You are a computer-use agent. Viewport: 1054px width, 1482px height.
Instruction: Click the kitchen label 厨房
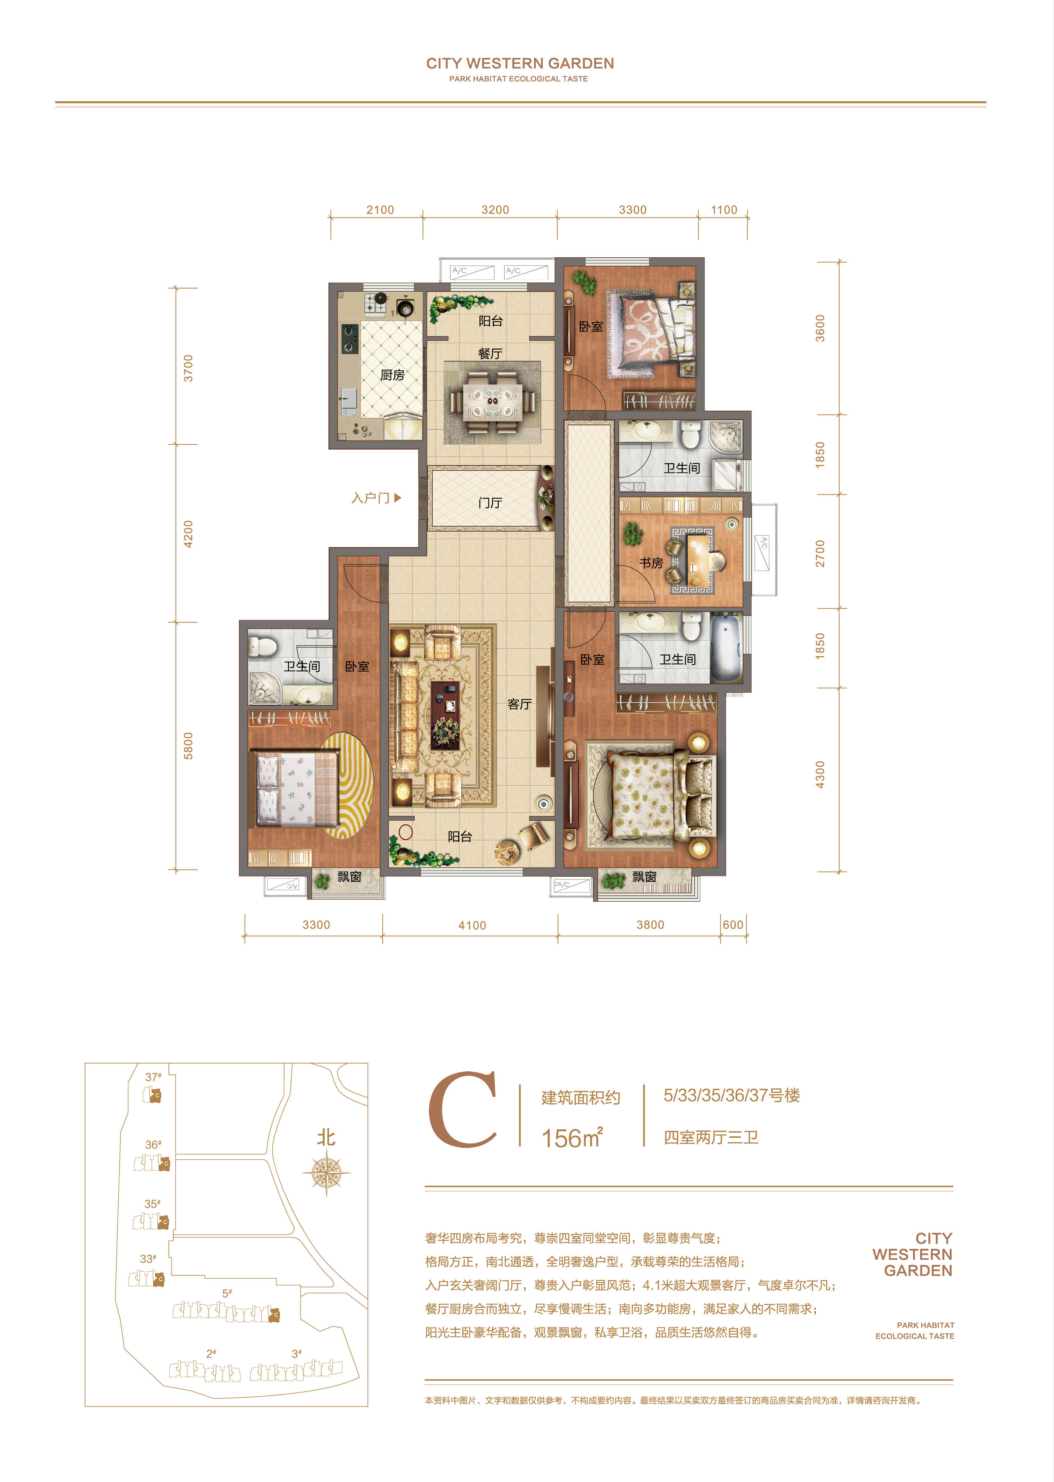pos(392,375)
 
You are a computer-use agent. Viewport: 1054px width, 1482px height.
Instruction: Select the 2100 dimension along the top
pos(380,210)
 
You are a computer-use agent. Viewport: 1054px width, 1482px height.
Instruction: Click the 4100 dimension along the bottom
pos(472,925)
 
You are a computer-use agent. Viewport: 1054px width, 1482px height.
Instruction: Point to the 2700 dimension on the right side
pos(820,553)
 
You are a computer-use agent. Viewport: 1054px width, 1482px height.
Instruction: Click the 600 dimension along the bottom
pos(733,925)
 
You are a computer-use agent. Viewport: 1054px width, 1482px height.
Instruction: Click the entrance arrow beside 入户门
pos(398,498)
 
